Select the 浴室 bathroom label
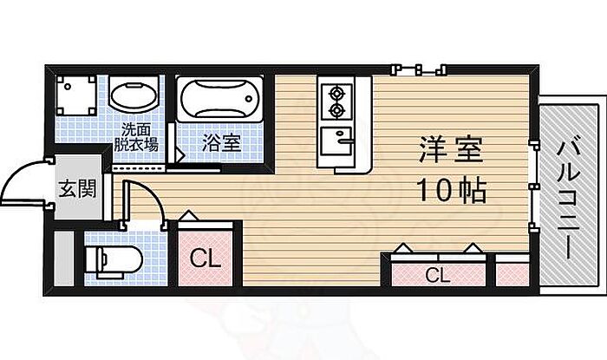[x=221, y=141]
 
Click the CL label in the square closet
[x=206, y=259]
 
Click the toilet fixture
[x=108, y=258]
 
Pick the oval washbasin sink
[x=134, y=99]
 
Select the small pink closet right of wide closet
[x=512, y=273]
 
